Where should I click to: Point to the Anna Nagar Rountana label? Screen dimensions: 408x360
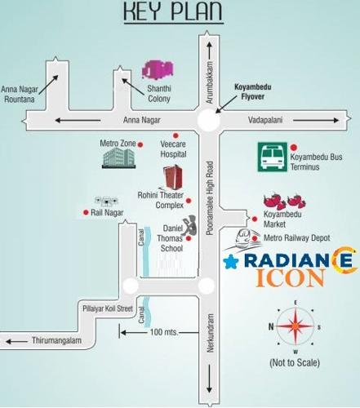pyautogui.click(x=20, y=93)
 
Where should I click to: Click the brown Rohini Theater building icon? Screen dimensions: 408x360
pyautogui.click(x=171, y=179)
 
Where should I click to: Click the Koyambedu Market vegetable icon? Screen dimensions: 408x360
pyautogui.click(x=285, y=199)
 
